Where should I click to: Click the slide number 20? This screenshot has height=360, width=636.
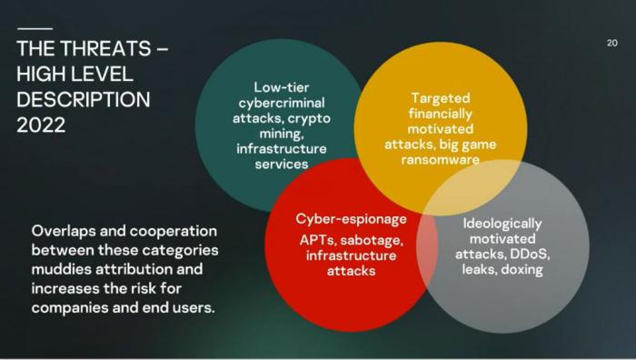pos(612,43)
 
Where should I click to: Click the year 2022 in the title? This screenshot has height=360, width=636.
pos(41,125)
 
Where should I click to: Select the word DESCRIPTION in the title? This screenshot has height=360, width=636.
pos(84,100)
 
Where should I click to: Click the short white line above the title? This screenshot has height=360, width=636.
pos(35,28)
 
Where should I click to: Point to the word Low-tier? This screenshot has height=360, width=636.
pos(282,87)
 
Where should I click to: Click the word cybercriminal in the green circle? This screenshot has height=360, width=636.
pos(282,103)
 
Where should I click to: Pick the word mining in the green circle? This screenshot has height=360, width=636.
pos(282,134)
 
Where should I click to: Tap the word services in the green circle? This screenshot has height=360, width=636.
pos(282,165)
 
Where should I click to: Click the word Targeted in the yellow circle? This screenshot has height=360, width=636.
pos(441,98)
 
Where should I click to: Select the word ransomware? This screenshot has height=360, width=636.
pos(441,159)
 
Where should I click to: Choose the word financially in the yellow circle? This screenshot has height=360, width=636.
pos(441,114)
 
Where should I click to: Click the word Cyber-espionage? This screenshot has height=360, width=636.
pos(351,219)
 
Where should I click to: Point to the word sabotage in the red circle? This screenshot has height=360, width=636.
pos(372,241)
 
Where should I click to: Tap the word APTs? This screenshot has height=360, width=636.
pos(318,240)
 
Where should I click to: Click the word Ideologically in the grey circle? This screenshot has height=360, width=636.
pos(502,224)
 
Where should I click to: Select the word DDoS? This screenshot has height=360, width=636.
pos(530,255)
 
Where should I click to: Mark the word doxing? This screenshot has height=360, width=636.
pos(522,270)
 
